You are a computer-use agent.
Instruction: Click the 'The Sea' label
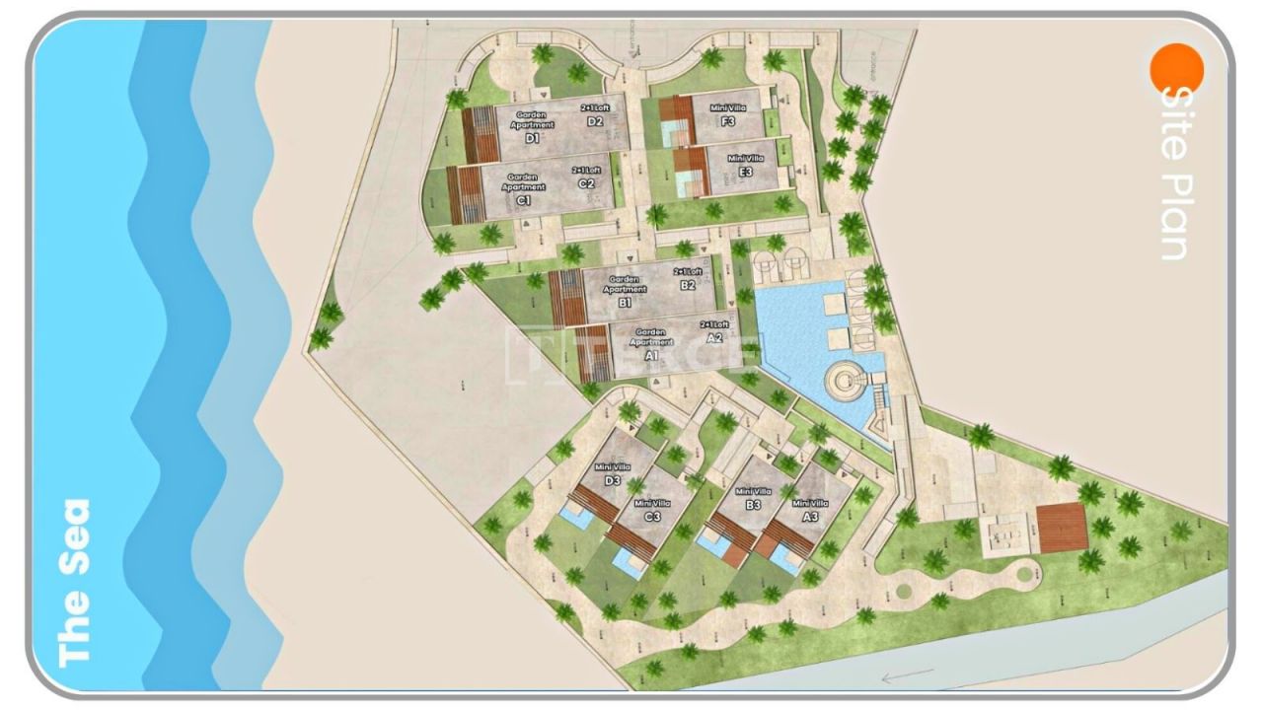tap(74, 583)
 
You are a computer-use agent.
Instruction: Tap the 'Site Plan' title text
tap(1173, 174)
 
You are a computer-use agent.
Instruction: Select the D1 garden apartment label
tap(533, 128)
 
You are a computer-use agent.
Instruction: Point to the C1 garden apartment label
tap(523, 189)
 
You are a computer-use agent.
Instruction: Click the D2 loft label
tap(594, 115)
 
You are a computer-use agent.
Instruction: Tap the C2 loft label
tap(586, 177)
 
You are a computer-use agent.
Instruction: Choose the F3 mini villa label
tap(728, 113)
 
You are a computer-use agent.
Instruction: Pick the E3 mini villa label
tap(746, 165)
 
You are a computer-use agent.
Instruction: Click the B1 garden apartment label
tap(626, 293)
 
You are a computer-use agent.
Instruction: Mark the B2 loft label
tap(688, 279)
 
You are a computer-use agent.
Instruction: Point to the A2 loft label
tap(714, 331)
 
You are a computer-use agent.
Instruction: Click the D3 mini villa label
tap(613, 474)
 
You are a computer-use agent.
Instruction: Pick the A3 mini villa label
tap(809, 510)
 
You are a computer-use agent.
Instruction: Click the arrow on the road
tap(907, 676)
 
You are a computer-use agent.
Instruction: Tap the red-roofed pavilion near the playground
tap(1062, 529)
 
